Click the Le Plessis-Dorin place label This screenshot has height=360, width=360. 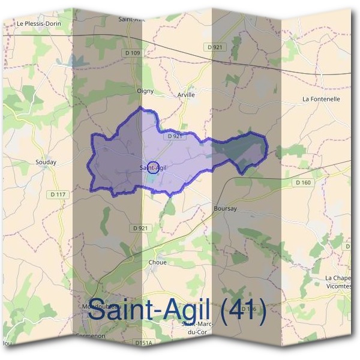pyautogui.click(x=39, y=23)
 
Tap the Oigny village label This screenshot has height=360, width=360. pyautogui.click(x=145, y=91)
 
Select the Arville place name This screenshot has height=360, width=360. pyautogui.click(x=186, y=95)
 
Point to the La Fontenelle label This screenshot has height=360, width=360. pyautogui.click(x=321, y=98)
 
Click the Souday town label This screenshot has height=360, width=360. pyautogui.click(x=46, y=162)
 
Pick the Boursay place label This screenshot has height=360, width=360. pyautogui.click(x=225, y=208)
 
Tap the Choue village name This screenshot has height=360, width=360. pyautogui.click(x=157, y=262)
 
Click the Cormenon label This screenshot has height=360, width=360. pyautogui.click(x=91, y=336)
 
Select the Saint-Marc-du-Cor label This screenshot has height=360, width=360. pyautogui.click(x=198, y=328)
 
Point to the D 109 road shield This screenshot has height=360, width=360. pyautogui.click(x=133, y=53)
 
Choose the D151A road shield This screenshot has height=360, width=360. pyautogui.click(x=143, y=343)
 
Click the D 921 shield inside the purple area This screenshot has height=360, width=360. pyautogui.click(x=175, y=136)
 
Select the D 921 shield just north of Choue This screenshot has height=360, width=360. pyautogui.click(x=139, y=228)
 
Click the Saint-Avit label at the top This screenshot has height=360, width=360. pyautogui.click(x=131, y=19)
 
